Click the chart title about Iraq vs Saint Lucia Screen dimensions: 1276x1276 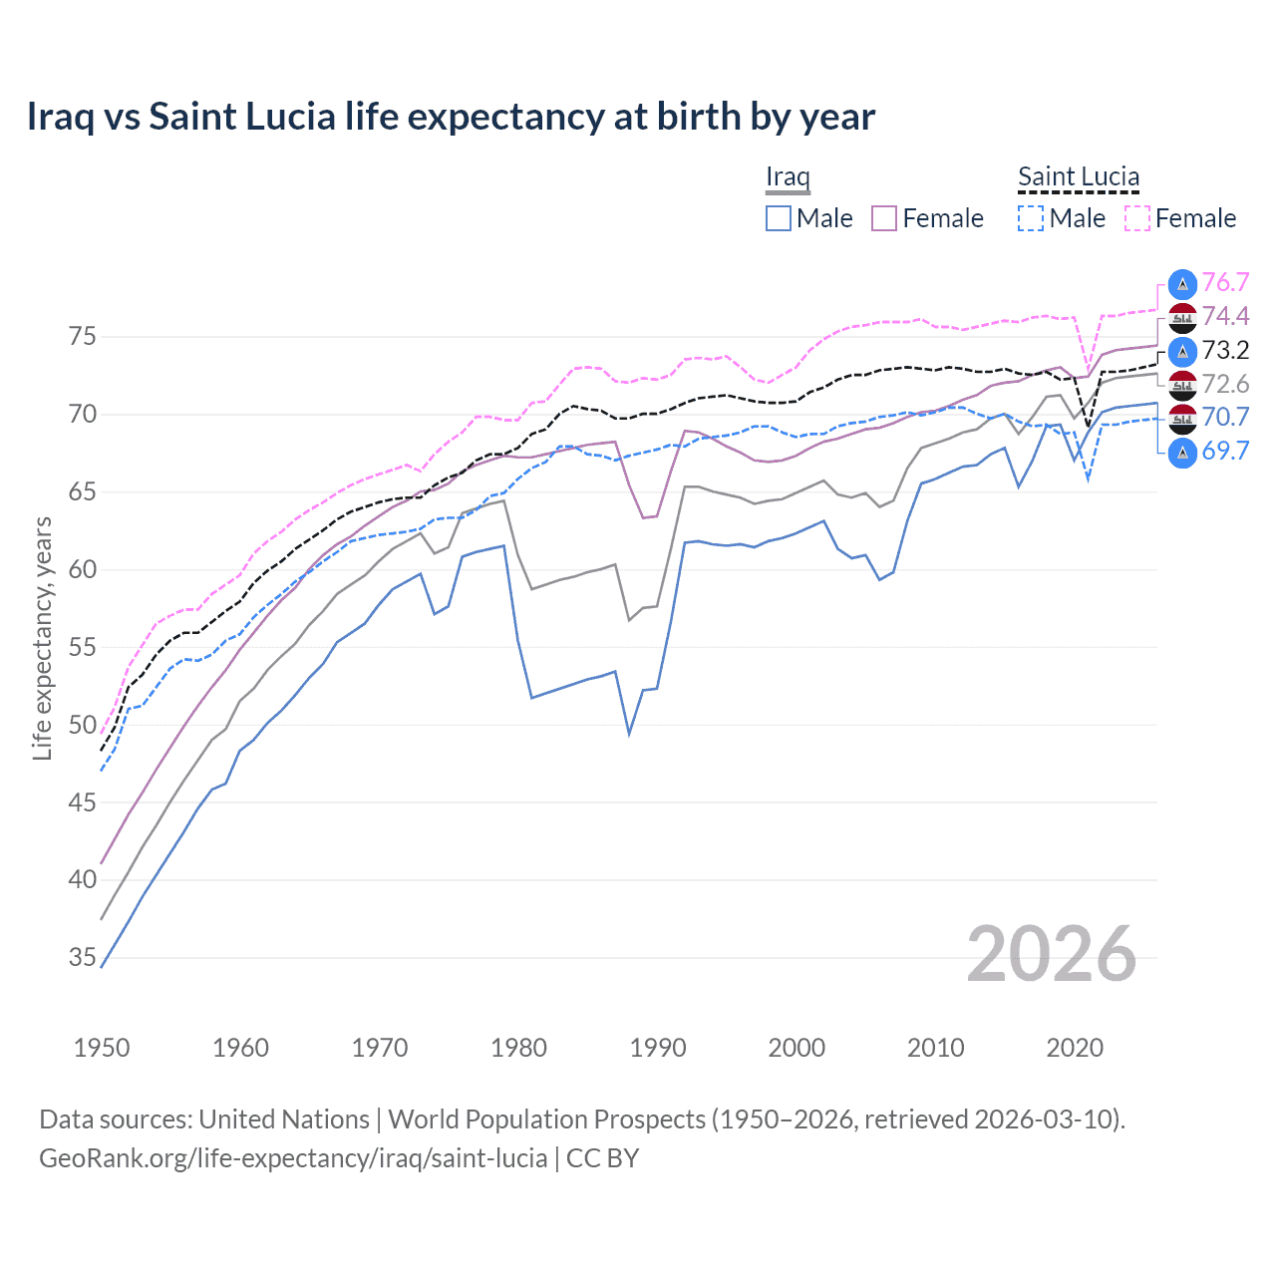pos(451,117)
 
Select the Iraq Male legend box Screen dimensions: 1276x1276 pos(779,218)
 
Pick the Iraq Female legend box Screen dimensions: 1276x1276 pos(884,218)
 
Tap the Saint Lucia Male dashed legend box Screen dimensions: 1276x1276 pos(1031,218)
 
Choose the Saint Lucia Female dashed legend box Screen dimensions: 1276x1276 pos(1137,218)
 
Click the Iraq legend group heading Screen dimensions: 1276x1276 pos(788,177)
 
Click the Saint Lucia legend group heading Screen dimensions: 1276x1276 pos(1079,177)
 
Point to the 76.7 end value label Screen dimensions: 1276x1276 pos(1225,283)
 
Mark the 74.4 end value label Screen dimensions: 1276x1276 pos(1225,317)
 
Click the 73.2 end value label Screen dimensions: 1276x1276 pos(1225,351)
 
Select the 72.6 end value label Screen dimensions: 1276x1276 pos(1225,385)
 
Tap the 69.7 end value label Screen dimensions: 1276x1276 pos(1225,452)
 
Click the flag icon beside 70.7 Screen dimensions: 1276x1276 pos(1182,418)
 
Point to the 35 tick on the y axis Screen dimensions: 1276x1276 pos(83,958)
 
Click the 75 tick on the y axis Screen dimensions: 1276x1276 pos(83,337)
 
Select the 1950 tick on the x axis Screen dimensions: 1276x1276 pos(102,1048)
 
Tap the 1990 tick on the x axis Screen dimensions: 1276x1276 pos(658,1048)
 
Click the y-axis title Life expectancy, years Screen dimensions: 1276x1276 pos(43,638)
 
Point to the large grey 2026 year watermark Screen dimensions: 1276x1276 pos(1052,954)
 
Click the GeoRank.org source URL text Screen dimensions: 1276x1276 pos(293,1158)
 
